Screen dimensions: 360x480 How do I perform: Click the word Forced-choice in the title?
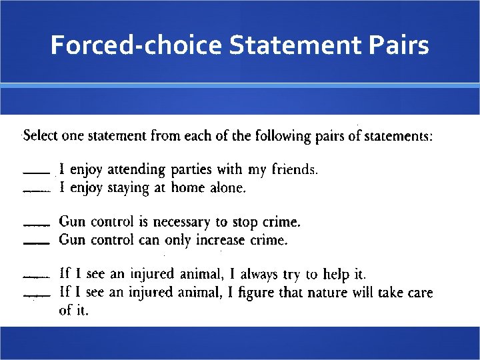click(136, 46)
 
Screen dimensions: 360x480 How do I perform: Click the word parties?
click(189, 170)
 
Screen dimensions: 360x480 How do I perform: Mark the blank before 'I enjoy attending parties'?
click(36, 173)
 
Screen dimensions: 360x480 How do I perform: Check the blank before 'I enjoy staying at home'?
click(36, 191)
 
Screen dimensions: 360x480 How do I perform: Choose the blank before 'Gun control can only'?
click(36, 243)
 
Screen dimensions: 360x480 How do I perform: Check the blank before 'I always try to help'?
click(36, 277)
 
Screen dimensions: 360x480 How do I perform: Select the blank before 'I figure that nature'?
click(36, 295)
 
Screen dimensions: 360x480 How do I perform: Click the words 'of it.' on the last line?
click(73, 311)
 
